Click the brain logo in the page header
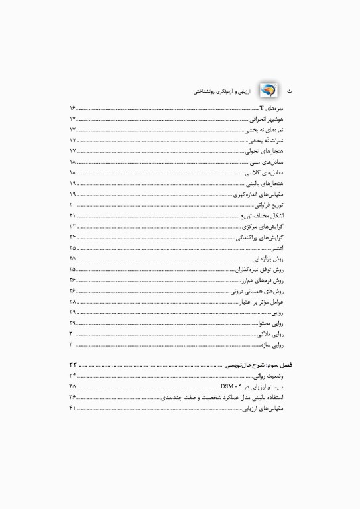click(x=269, y=89)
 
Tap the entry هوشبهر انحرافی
click(x=267, y=119)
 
